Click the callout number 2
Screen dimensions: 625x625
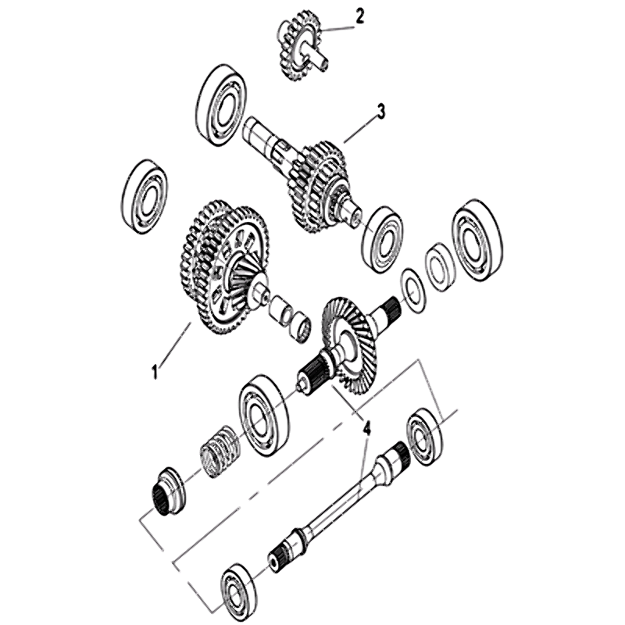(359, 16)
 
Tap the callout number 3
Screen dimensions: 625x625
(381, 112)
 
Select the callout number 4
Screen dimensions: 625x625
(366, 429)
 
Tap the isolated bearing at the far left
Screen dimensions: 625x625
(145, 196)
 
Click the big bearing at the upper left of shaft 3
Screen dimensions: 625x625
(220, 105)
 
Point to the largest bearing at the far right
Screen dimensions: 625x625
(477, 241)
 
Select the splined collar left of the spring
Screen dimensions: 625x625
(169, 491)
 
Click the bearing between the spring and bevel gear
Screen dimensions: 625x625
(263, 415)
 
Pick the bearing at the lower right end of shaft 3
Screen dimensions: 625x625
(381, 240)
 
